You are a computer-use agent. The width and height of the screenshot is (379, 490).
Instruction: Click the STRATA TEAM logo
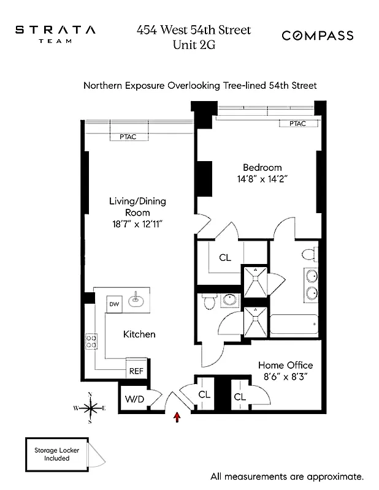click(55, 34)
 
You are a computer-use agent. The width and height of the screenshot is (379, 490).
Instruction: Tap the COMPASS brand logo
click(317, 36)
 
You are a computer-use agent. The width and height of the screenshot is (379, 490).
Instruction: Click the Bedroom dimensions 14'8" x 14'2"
click(262, 179)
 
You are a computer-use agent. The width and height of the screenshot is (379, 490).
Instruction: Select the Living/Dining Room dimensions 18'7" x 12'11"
click(137, 224)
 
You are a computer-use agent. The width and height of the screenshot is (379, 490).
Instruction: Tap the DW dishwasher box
click(114, 303)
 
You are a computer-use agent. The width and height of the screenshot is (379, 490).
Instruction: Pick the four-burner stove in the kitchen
click(92, 341)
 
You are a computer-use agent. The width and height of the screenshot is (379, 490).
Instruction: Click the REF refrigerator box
click(135, 371)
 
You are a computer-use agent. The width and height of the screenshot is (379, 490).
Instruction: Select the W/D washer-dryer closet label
click(134, 398)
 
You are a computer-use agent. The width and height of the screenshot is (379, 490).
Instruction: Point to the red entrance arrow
click(178, 418)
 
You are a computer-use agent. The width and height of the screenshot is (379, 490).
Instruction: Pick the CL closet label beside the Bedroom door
click(225, 258)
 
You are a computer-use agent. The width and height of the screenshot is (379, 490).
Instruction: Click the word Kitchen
click(139, 334)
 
